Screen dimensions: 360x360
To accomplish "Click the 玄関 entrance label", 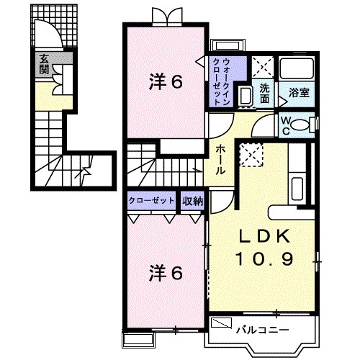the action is (x=44, y=64).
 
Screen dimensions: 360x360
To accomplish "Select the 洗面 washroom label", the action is (x=264, y=94).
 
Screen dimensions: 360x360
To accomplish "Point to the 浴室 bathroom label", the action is (x=299, y=93).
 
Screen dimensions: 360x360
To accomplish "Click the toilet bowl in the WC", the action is (x=300, y=125).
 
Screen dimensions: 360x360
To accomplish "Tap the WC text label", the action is (x=286, y=126).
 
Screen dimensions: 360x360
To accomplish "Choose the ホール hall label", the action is (x=220, y=160).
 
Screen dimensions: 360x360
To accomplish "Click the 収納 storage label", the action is (x=193, y=201).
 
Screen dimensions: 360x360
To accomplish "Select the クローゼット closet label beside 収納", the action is (x=151, y=201).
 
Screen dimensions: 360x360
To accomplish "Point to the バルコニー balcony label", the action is (x=263, y=330).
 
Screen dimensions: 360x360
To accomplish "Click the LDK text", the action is (x=264, y=237).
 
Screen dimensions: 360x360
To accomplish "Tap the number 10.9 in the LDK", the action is (x=265, y=258).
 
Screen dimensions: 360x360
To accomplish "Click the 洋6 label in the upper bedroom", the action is (x=166, y=81).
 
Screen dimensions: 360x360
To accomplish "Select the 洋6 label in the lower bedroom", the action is (x=166, y=273).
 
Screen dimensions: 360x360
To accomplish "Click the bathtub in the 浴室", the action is (x=297, y=68).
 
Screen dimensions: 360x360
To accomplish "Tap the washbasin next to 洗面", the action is (x=246, y=96).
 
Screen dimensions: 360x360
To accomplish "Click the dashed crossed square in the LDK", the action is (x=252, y=154).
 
